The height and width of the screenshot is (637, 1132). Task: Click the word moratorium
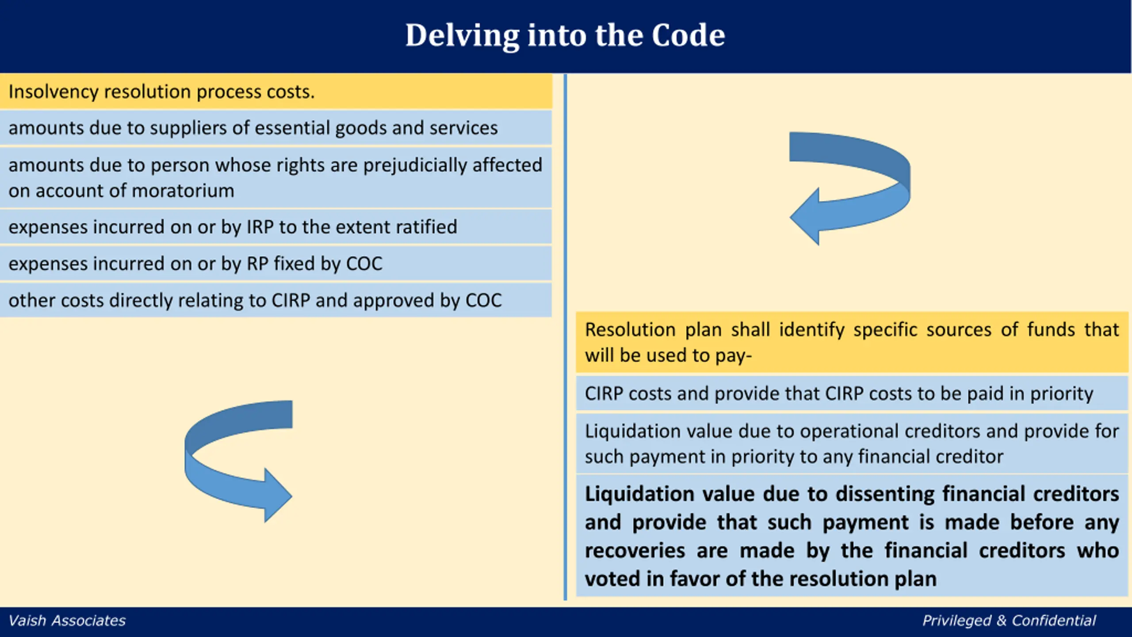tap(183, 191)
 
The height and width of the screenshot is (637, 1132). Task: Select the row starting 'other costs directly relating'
tap(275, 300)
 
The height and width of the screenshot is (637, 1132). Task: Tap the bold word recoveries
tap(635, 551)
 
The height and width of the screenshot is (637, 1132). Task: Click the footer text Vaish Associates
tap(67, 621)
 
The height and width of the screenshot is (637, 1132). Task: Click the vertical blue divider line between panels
tap(565, 337)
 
